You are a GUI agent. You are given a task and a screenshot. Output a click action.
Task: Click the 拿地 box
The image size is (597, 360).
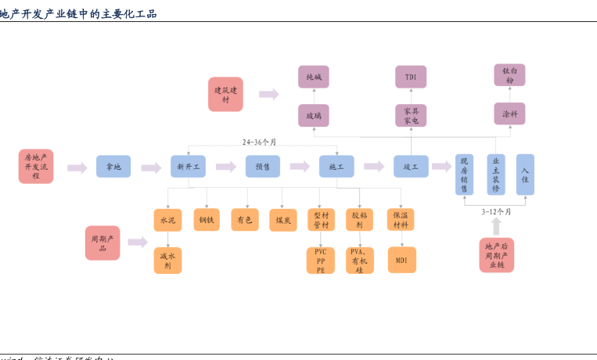pos(113,167)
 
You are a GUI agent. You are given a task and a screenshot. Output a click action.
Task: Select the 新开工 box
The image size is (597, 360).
pos(188,167)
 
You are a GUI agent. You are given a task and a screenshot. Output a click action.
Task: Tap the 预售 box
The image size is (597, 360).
pos(263,167)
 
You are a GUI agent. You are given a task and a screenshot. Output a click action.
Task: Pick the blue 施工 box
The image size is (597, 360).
pos(336,167)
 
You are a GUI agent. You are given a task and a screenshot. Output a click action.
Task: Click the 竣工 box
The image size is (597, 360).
pos(411,167)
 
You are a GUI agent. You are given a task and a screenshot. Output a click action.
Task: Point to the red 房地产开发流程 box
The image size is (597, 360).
pos(36,166)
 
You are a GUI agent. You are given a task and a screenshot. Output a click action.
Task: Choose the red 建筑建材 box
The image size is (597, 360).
pos(225,95)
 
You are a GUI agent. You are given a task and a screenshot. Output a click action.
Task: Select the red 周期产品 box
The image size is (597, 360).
pos(102,243)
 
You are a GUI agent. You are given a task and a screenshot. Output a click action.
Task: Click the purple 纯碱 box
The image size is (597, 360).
pos(314,77)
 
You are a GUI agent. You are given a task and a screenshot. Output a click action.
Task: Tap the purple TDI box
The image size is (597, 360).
pos(411,77)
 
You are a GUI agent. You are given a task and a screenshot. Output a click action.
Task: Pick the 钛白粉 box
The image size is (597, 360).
pos(509,75)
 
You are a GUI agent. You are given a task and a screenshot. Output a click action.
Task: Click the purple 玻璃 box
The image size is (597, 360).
pos(314,115)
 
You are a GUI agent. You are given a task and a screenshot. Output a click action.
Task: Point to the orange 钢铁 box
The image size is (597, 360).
pos(207,220)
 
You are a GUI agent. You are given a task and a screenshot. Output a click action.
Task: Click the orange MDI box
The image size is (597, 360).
pos(401,260)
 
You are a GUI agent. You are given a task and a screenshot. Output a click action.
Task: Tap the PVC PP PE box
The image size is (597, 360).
pos(321,261)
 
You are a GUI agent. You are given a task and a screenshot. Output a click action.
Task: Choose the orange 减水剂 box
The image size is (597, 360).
pos(167,261)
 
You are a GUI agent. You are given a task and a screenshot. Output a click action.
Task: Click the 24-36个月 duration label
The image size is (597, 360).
pos(259,142)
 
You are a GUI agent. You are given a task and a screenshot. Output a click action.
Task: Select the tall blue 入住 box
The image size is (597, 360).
pos(525,175)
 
